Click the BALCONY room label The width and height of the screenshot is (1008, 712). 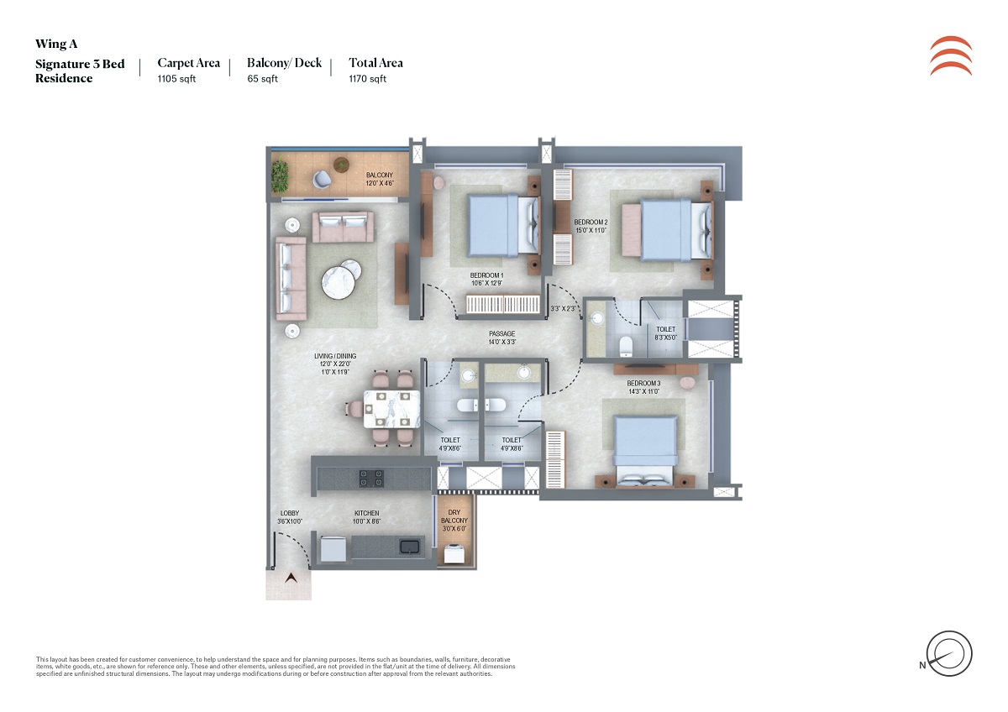(x=380, y=175)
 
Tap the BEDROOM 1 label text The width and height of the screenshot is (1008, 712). (x=486, y=275)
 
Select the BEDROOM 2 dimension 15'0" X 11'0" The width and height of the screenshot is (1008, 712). (x=591, y=230)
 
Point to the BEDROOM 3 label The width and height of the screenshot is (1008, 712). (x=643, y=383)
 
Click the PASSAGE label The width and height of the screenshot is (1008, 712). (x=502, y=334)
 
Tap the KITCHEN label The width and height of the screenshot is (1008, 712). (x=366, y=513)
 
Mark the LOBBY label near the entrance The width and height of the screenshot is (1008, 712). (x=289, y=513)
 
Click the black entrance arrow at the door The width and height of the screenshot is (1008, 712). (x=291, y=578)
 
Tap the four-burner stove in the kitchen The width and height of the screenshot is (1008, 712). (x=371, y=478)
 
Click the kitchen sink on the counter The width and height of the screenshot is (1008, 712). (x=410, y=547)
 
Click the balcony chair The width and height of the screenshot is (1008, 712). (x=323, y=177)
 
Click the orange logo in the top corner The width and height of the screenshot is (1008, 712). (x=951, y=56)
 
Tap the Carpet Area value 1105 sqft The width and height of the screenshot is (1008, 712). (x=176, y=79)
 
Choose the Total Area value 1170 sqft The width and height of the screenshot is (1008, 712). (x=368, y=79)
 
